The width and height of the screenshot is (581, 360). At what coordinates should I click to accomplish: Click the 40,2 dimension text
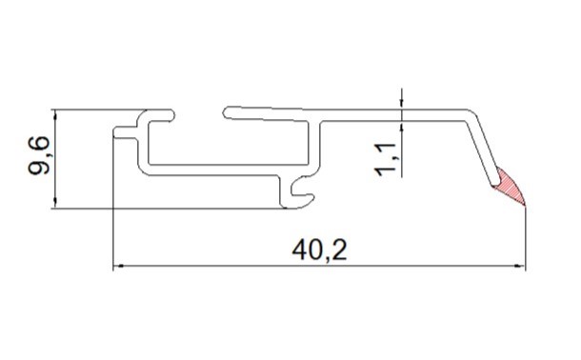[x=319, y=251]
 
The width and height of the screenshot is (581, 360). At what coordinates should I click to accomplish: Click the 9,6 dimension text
[x=39, y=155]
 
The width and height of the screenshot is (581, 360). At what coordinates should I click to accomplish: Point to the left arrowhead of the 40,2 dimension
[x=117, y=266]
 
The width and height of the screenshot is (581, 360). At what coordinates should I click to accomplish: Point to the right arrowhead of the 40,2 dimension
[x=521, y=266]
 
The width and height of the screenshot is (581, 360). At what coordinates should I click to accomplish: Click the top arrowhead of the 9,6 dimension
[x=55, y=114]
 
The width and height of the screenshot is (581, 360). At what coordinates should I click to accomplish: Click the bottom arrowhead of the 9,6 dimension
[x=55, y=204]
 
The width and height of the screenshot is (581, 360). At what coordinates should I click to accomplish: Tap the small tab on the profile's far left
[x=125, y=132]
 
